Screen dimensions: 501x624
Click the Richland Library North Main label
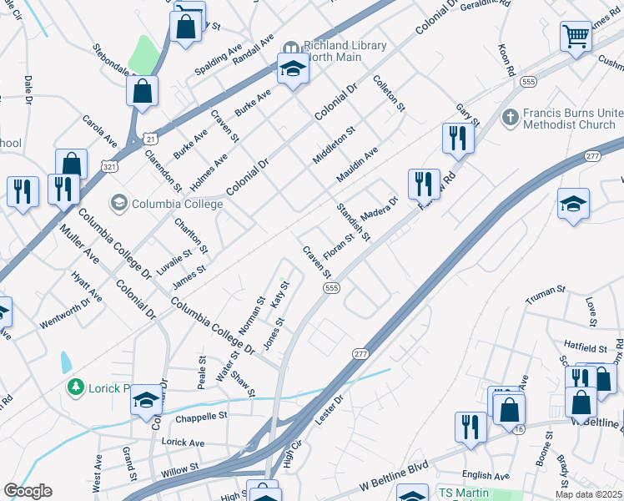coord(345,52)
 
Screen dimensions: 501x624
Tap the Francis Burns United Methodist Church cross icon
coord(511,117)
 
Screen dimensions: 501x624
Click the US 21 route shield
coord(148,137)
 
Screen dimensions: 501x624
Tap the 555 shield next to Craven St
coord(330,287)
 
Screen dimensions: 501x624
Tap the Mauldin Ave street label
coord(358,164)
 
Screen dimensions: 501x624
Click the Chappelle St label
coord(199,416)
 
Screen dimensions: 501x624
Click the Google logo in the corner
coord(28,491)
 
